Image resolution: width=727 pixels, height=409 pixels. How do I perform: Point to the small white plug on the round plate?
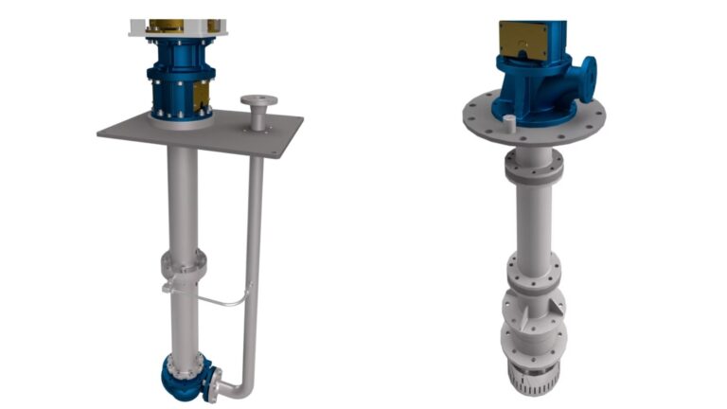pyautogui.click(x=508, y=121)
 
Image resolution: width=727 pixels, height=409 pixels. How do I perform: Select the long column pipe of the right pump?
pyautogui.click(x=533, y=218)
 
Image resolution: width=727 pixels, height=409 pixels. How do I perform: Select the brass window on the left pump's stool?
pyautogui.click(x=201, y=94)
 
